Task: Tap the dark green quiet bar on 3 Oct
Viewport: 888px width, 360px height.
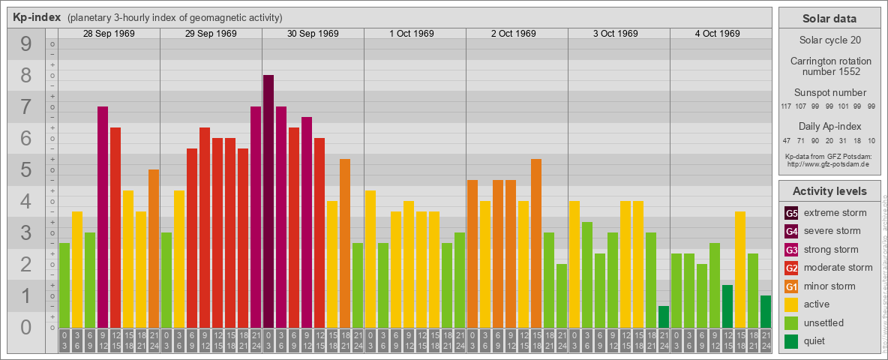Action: (x=664, y=316)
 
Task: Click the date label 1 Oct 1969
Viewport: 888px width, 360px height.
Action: (x=412, y=34)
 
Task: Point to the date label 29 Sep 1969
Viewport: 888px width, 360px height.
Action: (x=211, y=34)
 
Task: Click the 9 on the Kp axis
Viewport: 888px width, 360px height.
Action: (x=26, y=45)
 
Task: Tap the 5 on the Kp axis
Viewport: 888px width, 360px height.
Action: (x=26, y=170)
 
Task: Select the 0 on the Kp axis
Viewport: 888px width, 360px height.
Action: (x=26, y=328)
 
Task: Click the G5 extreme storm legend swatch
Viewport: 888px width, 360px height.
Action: (x=792, y=213)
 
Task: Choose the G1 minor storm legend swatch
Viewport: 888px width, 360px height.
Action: (x=792, y=286)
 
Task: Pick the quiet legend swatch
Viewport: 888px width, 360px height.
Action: (x=792, y=341)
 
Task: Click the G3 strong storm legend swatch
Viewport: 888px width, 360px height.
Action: (x=792, y=250)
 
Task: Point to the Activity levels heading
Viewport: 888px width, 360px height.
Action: (x=829, y=191)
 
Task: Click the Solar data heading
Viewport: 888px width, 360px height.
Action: (x=829, y=19)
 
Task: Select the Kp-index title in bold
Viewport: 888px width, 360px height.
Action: (x=37, y=17)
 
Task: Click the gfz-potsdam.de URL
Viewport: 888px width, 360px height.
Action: (x=829, y=163)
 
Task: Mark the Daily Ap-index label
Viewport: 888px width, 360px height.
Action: (x=829, y=126)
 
